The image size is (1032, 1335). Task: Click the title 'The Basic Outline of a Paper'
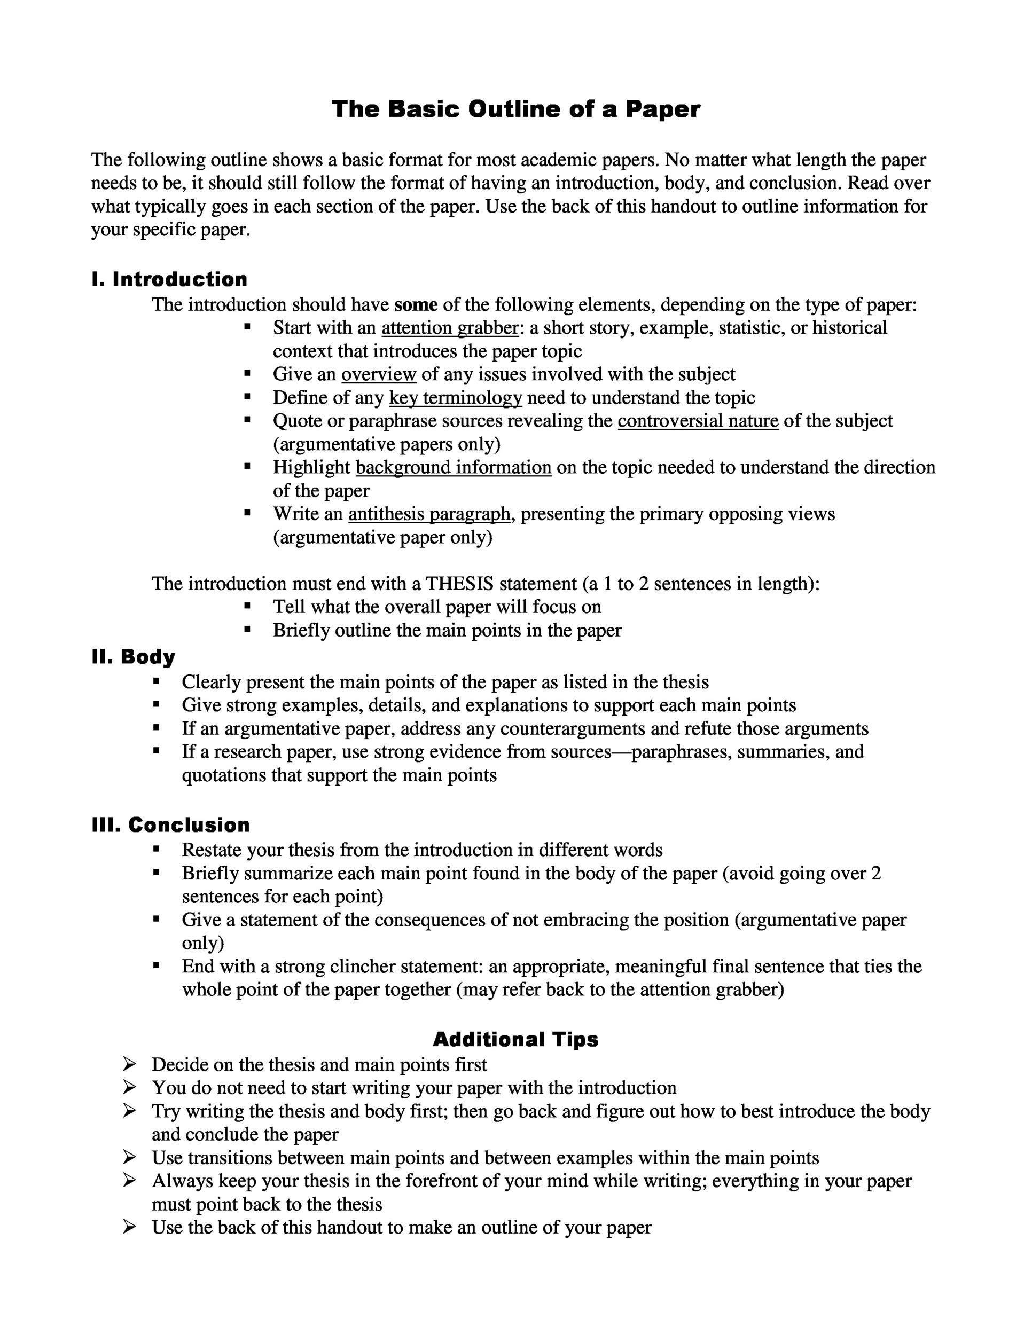(x=515, y=109)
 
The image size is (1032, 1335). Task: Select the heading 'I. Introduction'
(x=169, y=279)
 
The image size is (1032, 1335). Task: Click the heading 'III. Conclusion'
(x=170, y=824)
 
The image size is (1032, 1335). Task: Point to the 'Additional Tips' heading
(x=515, y=1039)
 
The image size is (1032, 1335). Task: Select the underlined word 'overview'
(x=378, y=374)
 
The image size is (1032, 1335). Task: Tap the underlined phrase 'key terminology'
(x=456, y=398)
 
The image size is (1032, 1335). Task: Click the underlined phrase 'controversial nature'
(x=698, y=421)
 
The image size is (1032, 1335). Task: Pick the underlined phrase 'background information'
(x=453, y=468)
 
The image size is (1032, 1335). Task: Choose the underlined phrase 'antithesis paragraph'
(x=429, y=514)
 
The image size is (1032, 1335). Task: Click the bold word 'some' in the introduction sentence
(x=416, y=304)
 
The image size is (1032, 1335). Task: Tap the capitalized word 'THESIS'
(x=459, y=584)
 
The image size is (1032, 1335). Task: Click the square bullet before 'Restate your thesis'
(x=157, y=849)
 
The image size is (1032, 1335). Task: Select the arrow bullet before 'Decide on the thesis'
(x=129, y=1064)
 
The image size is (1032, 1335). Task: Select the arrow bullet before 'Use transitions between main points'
(x=129, y=1157)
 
